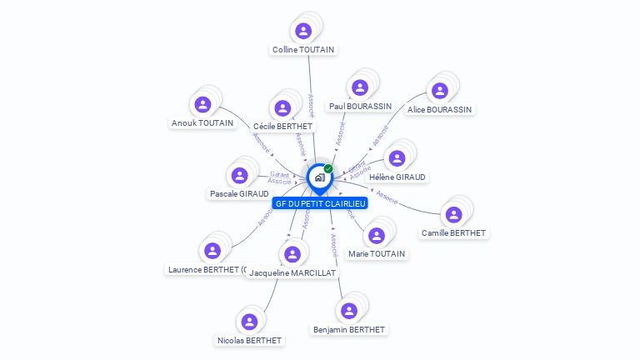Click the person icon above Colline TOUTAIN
(303, 31)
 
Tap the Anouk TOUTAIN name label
(202, 123)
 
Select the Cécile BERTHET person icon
(282, 107)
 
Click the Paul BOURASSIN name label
(360, 107)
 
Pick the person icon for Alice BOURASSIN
(439, 91)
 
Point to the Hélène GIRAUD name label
(397, 177)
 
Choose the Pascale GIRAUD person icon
(240, 175)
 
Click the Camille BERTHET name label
(453, 233)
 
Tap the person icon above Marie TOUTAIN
(377, 235)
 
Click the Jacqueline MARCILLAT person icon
(292, 254)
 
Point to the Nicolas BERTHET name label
(249, 340)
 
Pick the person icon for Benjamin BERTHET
(349, 311)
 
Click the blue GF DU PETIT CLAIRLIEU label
(320, 203)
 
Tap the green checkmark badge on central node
(328, 168)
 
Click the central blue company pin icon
(319, 177)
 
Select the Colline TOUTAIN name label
(303, 50)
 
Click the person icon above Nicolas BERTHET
(249, 321)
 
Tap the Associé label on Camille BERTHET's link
(386, 196)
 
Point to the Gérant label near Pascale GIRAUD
(279, 174)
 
